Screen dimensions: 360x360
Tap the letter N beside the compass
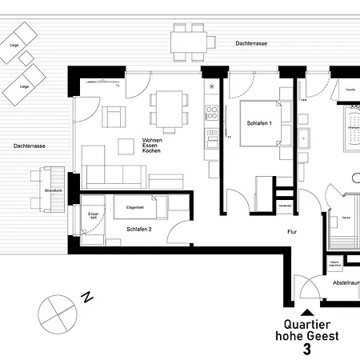coord(87,298)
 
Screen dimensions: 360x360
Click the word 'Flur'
coord(292,232)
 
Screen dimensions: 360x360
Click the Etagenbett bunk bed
coord(139,208)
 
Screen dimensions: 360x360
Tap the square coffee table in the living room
coord(126,146)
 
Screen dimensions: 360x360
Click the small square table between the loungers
coord(24,58)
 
